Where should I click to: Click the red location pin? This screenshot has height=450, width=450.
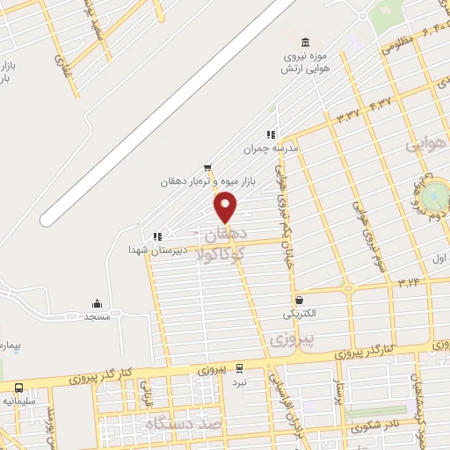click(x=226, y=207)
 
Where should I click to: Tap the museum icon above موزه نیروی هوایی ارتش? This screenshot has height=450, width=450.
click(x=305, y=43)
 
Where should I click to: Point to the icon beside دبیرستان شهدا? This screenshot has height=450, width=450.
click(x=157, y=236)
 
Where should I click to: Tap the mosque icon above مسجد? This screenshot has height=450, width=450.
click(x=96, y=303)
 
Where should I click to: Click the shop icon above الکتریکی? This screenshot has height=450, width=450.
click(x=300, y=300)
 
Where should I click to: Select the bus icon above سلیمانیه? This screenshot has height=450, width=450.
click(x=19, y=388)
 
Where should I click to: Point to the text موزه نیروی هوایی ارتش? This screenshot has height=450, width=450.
click(x=305, y=62)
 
